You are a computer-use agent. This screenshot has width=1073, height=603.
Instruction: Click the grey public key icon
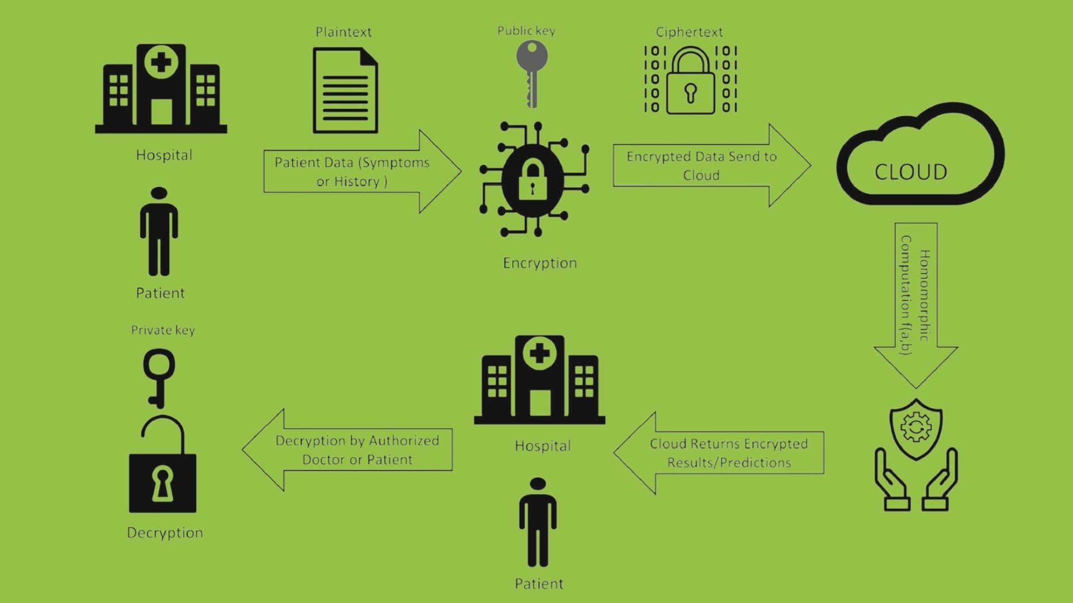click(531, 73)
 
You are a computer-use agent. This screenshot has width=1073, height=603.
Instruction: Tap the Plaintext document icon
click(345, 90)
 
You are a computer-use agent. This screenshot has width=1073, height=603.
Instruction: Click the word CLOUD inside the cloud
click(910, 172)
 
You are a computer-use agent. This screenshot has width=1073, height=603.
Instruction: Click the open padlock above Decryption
click(162, 466)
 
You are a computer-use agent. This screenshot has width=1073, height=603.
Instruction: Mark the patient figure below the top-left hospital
click(159, 232)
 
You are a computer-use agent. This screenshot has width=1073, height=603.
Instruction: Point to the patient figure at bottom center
click(538, 523)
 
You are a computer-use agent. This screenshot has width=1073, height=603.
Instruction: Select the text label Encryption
click(540, 263)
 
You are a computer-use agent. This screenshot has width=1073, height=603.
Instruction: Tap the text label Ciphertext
click(689, 32)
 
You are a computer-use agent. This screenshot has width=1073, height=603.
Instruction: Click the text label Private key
click(163, 330)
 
